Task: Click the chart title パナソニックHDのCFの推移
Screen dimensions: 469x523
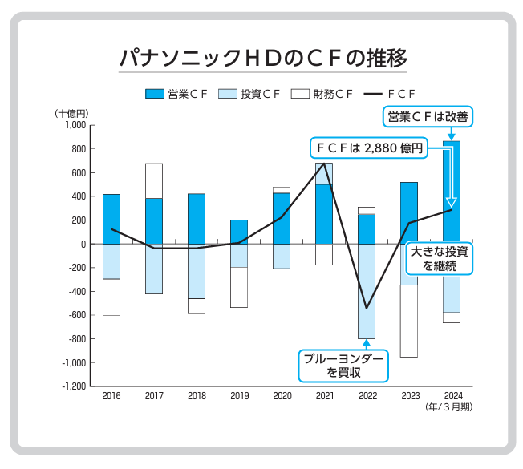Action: tap(262, 59)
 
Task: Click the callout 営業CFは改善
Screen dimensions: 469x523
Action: tap(426, 117)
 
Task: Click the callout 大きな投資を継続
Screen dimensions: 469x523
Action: tap(438, 258)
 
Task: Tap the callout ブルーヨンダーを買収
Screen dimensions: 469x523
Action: tap(342, 365)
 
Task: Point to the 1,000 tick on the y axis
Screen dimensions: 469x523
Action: tap(73, 125)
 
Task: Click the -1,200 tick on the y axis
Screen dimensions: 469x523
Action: tap(71, 386)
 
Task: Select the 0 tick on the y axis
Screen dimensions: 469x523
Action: tap(82, 244)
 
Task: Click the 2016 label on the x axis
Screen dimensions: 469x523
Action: tap(111, 396)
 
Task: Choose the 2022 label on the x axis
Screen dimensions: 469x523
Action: tap(367, 396)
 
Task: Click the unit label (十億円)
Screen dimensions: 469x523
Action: tap(71, 112)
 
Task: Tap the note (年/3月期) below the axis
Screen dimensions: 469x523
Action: tap(449, 407)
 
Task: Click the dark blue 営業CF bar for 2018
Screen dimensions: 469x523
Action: tap(197, 218)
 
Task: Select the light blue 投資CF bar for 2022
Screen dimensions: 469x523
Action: tap(367, 291)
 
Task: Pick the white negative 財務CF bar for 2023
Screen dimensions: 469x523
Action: tap(409, 321)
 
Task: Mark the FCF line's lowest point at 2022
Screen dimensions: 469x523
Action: tap(367, 308)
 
